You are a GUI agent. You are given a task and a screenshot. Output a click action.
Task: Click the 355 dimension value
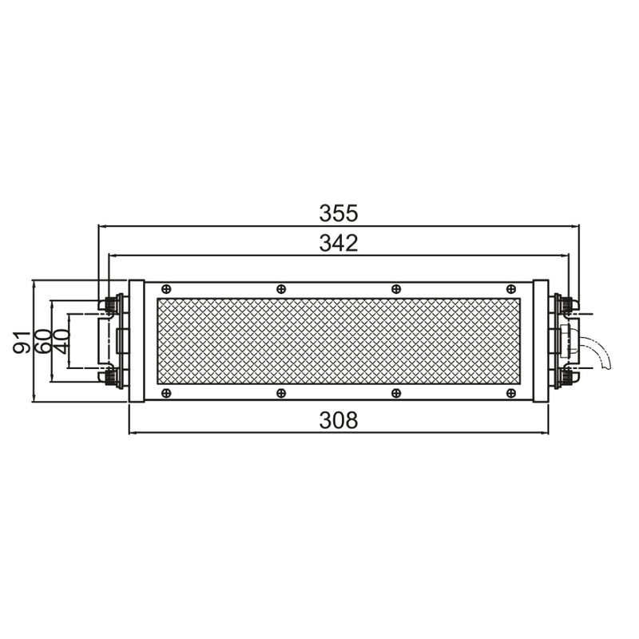coord(339,213)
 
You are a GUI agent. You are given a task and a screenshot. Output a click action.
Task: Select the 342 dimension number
coord(339,243)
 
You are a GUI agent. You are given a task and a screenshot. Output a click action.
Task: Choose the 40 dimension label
coord(61,340)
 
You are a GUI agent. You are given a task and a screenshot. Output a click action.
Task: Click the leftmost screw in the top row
coord(166,288)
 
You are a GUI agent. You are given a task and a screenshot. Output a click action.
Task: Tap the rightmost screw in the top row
coord(510,288)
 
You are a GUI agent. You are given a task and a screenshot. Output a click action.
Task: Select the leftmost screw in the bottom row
coord(166,393)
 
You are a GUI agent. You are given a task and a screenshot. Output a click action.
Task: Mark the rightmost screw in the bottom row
coord(510,393)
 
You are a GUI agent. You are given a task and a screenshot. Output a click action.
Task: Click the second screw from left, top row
coord(280,288)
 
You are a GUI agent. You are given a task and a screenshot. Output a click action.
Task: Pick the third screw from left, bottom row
coord(395,393)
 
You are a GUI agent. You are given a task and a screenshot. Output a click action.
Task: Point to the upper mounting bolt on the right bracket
coord(566,304)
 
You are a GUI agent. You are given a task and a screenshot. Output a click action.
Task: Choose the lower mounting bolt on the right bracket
coord(566,376)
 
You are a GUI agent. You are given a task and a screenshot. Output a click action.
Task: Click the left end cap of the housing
coord(137,340)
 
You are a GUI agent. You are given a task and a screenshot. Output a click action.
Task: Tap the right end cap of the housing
coord(541,340)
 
